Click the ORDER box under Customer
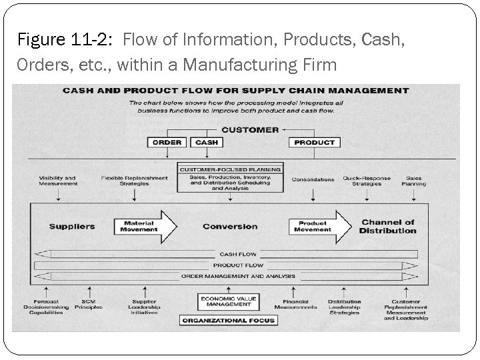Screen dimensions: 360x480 (167, 142)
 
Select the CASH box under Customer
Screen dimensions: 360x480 (207, 142)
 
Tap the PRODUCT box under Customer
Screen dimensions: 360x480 (314, 142)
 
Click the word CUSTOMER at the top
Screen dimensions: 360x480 (250, 129)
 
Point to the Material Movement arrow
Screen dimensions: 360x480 (144, 227)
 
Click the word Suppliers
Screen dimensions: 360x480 (71, 227)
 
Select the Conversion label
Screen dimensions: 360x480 (230, 227)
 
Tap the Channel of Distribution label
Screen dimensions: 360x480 (387, 227)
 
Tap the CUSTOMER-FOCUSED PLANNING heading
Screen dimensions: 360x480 (230, 169)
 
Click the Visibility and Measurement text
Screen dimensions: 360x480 (58, 181)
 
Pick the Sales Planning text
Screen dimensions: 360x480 (414, 181)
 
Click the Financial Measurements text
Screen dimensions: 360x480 (295, 305)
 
